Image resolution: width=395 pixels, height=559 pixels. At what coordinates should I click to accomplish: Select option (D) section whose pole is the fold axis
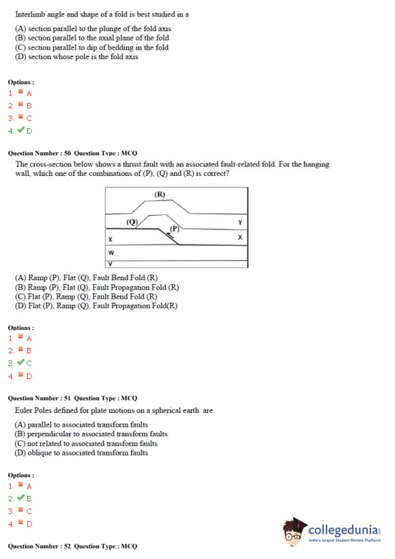(x=76, y=56)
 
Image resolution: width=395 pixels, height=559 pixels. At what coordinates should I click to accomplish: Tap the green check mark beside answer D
(x=21, y=130)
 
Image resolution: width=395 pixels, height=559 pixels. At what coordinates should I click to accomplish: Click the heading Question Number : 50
(x=39, y=153)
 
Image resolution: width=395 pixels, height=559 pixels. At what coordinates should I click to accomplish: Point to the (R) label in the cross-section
(x=160, y=195)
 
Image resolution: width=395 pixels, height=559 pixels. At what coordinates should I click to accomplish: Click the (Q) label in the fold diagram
(x=132, y=222)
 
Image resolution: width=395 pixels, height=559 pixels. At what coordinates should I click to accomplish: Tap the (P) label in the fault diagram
(x=175, y=228)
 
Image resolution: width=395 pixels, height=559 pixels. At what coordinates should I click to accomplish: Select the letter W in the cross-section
(x=111, y=253)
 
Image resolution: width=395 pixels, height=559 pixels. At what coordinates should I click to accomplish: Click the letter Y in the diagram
(x=240, y=222)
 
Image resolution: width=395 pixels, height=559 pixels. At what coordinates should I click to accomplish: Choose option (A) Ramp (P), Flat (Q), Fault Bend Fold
(x=86, y=278)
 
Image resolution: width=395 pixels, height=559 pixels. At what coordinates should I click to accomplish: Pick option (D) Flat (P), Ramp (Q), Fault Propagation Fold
(x=96, y=306)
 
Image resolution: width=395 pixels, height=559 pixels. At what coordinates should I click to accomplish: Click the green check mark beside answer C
(x=21, y=362)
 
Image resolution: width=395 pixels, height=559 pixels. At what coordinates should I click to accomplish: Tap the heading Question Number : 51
(x=39, y=398)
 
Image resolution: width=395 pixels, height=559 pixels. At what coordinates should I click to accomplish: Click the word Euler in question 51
(x=23, y=410)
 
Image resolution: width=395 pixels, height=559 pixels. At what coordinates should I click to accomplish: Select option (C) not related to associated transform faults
(x=86, y=443)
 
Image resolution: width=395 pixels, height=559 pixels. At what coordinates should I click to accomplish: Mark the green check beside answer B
(x=21, y=498)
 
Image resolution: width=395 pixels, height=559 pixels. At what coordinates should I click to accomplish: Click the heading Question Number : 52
(x=39, y=546)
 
